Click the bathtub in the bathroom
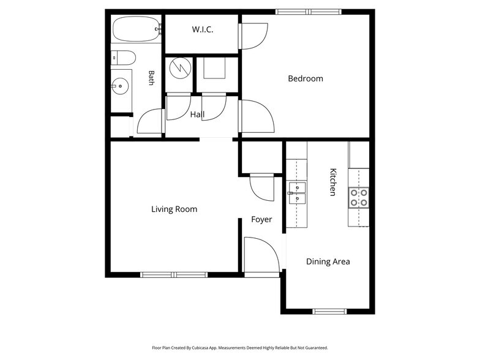(136, 29)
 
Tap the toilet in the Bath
(123, 58)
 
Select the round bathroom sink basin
(119, 86)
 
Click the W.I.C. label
(202, 29)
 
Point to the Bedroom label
(306, 78)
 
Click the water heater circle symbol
(180, 68)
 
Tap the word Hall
(197, 114)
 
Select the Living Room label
(174, 209)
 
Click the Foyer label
(261, 219)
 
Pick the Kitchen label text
(333, 182)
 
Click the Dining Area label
(328, 262)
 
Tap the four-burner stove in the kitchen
(359, 198)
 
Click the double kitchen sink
(297, 193)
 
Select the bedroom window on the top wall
(309, 12)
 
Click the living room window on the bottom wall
(174, 275)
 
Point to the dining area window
(329, 312)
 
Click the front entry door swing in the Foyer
(262, 255)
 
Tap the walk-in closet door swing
(253, 36)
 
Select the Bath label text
(151, 78)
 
